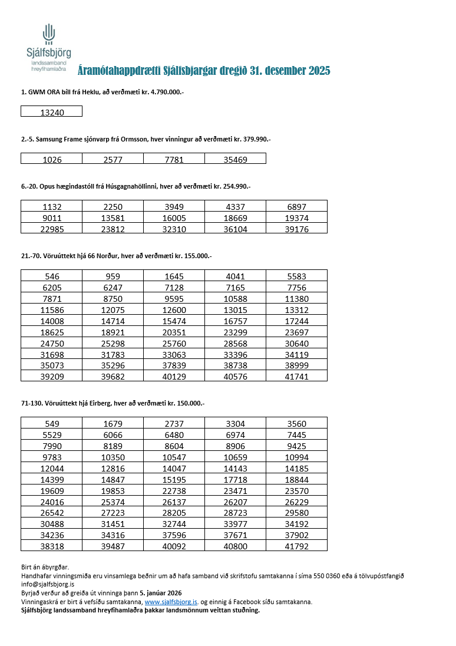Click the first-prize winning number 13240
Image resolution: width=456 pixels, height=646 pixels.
tap(52, 112)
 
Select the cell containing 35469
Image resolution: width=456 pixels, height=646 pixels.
tap(235, 159)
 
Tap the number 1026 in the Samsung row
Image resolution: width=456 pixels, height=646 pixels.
tap(52, 159)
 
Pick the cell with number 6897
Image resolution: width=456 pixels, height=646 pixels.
tap(296, 206)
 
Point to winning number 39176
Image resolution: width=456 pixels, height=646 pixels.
tap(296, 229)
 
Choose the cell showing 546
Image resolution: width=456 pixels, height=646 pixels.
tap(52, 276)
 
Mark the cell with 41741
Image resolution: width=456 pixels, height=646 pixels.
tap(296, 376)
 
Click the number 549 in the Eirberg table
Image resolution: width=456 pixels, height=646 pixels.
tap(52, 423)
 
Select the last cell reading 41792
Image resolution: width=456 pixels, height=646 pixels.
tap(296, 546)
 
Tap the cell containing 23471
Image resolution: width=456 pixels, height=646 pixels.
tap(235, 490)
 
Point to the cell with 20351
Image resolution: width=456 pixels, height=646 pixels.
tap(174, 331)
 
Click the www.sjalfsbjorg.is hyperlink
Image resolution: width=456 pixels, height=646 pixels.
tap(171, 602)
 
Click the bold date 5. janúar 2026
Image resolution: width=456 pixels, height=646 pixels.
tap(160, 593)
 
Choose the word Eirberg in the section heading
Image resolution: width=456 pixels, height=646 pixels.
tap(87, 403)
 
